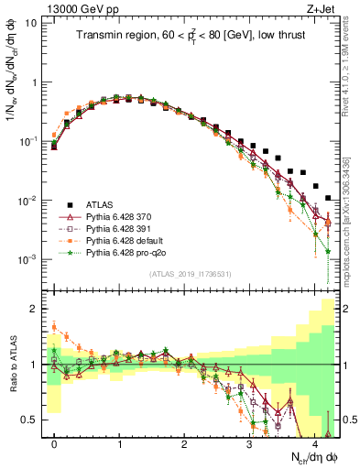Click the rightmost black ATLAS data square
coord(328,197)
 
